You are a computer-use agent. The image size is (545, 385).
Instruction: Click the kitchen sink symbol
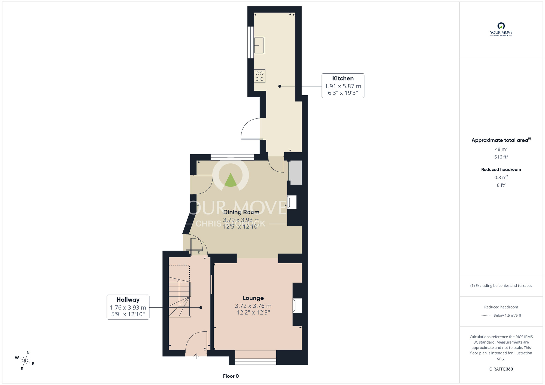point(259,45)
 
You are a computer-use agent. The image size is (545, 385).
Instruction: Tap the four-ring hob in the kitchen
point(259,76)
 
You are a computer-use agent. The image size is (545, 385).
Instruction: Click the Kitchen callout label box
point(343,86)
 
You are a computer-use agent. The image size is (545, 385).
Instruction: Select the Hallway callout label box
point(128,307)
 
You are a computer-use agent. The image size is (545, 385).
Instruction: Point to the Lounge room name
point(253,298)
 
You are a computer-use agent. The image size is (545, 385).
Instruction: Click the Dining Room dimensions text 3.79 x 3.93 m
point(241,220)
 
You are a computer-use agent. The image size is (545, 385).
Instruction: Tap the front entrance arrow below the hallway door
point(196,356)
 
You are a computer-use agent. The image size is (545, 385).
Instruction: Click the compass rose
point(25,361)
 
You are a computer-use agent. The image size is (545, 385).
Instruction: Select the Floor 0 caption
point(231,376)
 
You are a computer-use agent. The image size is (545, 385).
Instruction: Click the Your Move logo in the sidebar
point(501,29)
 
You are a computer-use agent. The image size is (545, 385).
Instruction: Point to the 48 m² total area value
point(501,149)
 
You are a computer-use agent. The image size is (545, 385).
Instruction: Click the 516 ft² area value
point(501,157)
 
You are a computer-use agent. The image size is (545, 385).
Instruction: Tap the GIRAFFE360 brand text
point(501,369)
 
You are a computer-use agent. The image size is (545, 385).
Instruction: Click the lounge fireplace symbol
point(297,305)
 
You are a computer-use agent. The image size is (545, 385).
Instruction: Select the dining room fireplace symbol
point(292,202)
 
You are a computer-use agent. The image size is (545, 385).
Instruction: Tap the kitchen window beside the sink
point(250,42)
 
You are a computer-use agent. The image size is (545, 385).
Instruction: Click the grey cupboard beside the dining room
point(295,173)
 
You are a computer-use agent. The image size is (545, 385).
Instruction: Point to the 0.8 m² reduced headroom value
point(501,178)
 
